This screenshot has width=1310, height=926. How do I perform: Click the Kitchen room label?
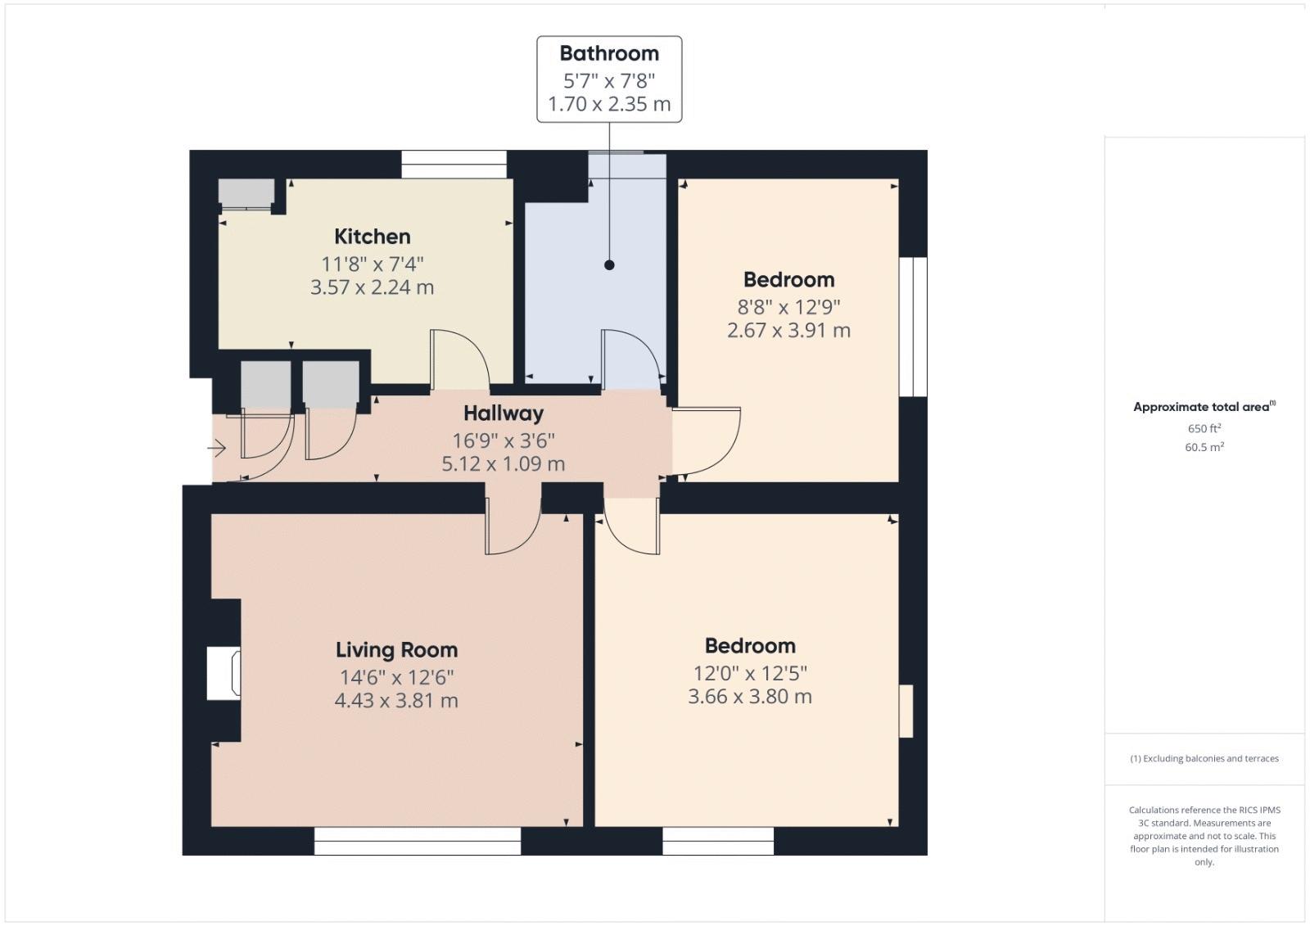372,237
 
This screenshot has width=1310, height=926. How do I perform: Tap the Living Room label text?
396,649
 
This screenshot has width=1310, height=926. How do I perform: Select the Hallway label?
504,413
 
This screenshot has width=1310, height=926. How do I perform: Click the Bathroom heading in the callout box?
609,53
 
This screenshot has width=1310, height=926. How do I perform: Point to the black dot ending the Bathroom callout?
609,265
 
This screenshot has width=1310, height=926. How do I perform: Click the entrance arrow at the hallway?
216,449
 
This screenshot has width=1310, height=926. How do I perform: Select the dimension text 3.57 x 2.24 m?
372,287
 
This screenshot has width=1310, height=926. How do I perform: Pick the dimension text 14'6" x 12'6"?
396,677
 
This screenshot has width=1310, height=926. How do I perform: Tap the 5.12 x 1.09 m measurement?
504,464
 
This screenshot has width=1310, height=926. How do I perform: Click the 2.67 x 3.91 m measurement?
788,331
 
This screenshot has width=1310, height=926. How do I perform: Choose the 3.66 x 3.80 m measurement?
750,697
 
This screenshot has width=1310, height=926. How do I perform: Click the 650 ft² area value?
1204,428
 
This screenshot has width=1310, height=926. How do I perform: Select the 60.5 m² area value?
1204,447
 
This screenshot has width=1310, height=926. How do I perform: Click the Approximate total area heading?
1204,407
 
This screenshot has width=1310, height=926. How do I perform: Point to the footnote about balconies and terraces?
1204,758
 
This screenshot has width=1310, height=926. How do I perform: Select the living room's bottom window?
418,841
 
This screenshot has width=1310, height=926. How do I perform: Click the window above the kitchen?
454,165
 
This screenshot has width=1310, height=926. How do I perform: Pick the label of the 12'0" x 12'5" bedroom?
750,646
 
